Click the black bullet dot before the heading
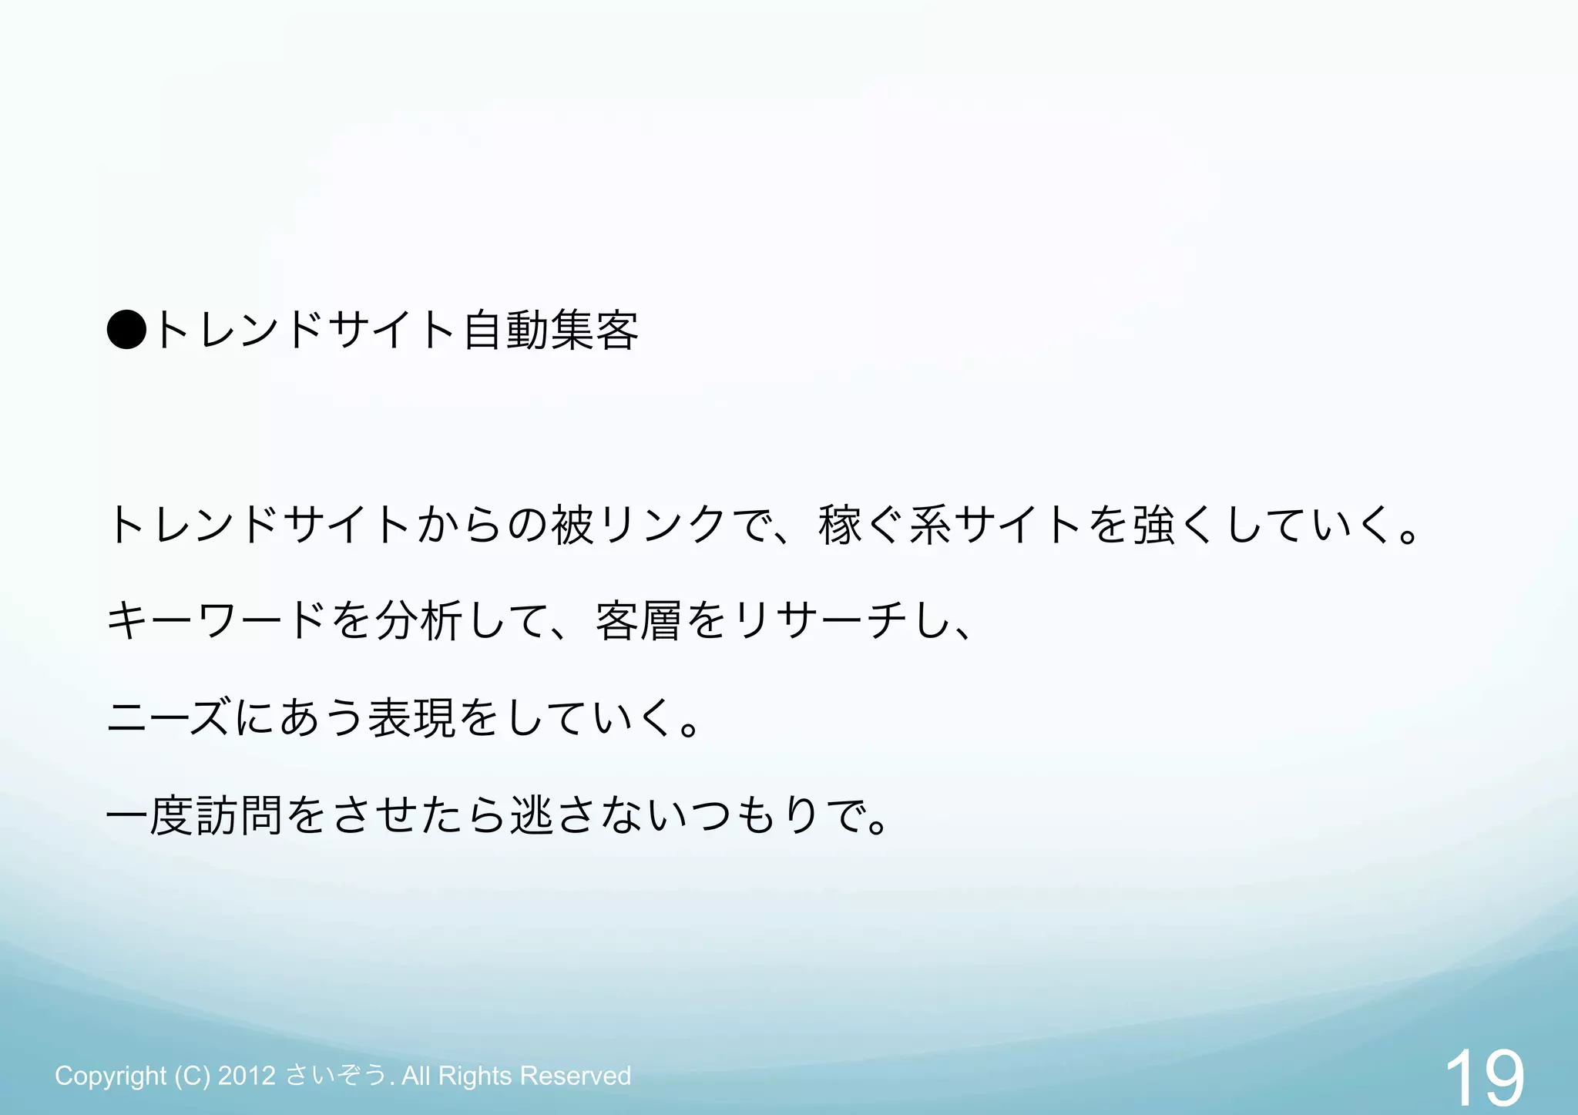[126, 330]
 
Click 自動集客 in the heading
[551, 330]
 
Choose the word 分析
[419, 621]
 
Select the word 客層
[639, 621]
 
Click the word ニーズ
[168, 717]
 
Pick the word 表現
[412, 717]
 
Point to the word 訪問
[240, 815]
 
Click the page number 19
[1484, 1077]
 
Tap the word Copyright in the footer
[110, 1076]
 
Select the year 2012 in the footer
[247, 1076]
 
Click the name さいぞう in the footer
[336, 1076]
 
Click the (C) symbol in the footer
[192, 1076]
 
